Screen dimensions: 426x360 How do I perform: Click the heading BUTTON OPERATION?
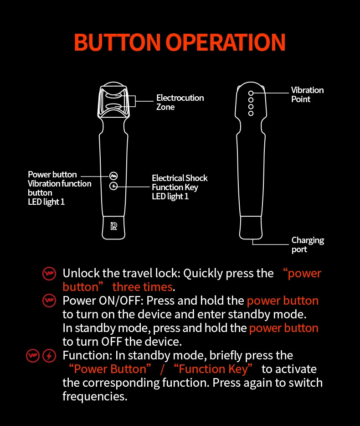click(180, 42)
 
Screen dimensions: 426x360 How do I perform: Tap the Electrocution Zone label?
click(180, 102)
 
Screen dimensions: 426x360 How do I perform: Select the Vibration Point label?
click(307, 95)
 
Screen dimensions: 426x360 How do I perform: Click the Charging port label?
click(308, 244)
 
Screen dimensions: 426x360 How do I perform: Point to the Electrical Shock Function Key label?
click(179, 187)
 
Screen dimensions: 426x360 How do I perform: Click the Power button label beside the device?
click(52, 175)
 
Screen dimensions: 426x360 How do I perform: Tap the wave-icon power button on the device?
click(113, 176)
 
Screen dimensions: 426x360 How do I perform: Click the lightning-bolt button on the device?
click(113, 186)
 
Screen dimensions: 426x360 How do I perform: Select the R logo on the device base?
click(113, 226)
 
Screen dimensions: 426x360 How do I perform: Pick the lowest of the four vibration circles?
click(251, 113)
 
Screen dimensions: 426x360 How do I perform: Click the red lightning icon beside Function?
click(49, 356)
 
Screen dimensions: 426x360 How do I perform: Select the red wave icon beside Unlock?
click(49, 274)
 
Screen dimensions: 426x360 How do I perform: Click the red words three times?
click(142, 287)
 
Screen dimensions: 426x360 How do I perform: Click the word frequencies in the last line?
click(94, 396)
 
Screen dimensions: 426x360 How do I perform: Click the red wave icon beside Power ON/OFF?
click(49, 301)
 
